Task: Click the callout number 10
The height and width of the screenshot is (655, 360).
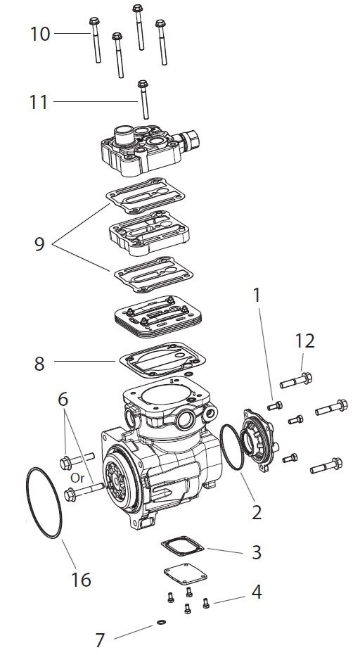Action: pyautogui.click(x=40, y=33)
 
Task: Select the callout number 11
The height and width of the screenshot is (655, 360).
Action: pyautogui.click(x=39, y=102)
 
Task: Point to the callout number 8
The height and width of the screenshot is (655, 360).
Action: pyautogui.click(x=39, y=363)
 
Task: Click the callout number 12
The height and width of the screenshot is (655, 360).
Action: pyautogui.click(x=304, y=341)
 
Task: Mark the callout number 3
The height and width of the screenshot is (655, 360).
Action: pyautogui.click(x=257, y=551)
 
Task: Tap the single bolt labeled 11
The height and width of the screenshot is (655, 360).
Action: pyautogui.click(x=143, y=99)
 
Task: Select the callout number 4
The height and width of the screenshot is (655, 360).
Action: pyautogui.click(x=257, y=592)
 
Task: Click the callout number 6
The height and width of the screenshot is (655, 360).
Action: pyautogui.click(x=64, y=399)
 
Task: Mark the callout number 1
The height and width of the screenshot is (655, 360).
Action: pyautogui.click(x=257, y=295)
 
